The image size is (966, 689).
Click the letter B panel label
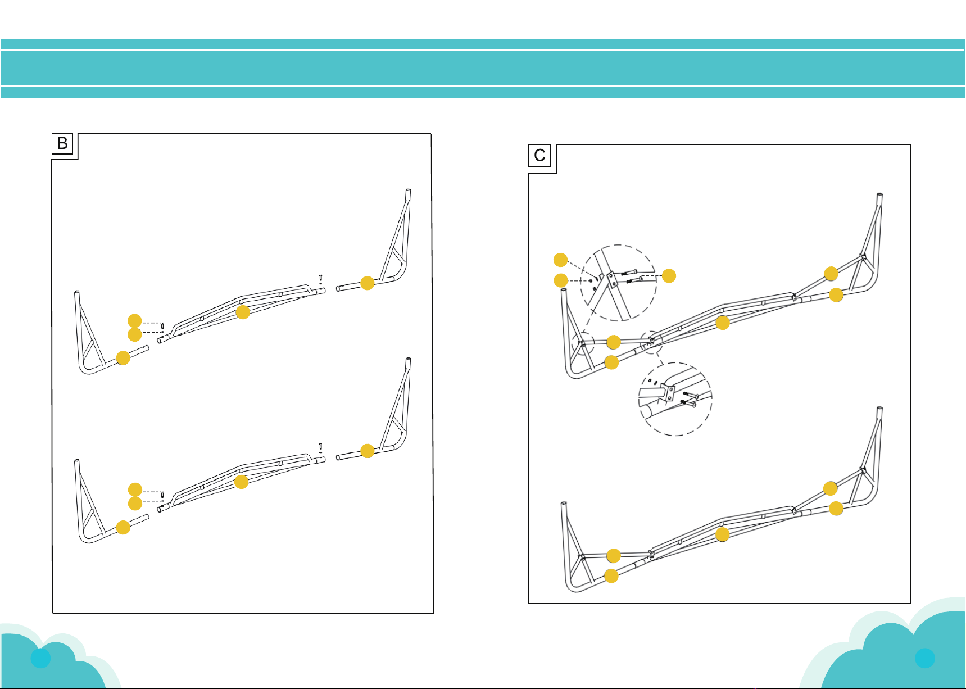tap(62, 143)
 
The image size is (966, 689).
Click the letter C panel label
tap(539, 155)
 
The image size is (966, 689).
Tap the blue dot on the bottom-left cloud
tap(40, 658)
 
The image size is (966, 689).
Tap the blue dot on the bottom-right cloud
tap(924, 658)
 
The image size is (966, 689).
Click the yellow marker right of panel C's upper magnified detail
tap(669, 276)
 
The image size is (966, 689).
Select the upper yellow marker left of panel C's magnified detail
tap(560, 260)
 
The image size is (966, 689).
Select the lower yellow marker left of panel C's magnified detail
tap(560, 280)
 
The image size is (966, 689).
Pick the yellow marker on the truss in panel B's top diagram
tap(243, 312)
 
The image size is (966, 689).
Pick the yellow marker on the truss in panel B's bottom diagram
tap(241, 482)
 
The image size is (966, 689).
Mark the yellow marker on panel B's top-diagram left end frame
tap(123, 358)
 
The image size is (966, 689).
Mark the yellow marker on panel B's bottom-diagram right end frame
tap(367, 451)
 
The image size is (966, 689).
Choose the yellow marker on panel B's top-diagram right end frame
tap(367, 283)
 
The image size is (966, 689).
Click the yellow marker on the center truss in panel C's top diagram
tap(723, 323)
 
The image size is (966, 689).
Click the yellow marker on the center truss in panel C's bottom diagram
tap(723, 534)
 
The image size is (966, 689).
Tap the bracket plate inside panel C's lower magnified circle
tap(668, 392)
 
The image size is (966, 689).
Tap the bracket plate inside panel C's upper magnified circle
tap(610, 279)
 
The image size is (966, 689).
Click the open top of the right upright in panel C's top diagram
tap(879, 194)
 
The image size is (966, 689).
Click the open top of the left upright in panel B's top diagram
tap(76, 292)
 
